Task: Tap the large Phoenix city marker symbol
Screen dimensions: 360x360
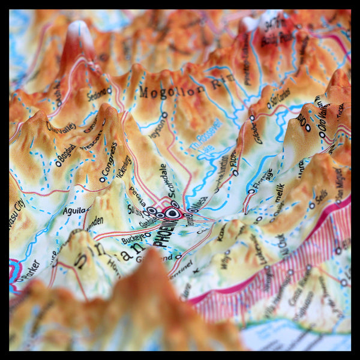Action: click(173, 212)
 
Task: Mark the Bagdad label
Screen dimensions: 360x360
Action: click(65, 155)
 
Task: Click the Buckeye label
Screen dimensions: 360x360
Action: click(133, 239)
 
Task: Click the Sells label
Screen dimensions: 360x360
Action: click(322, 196)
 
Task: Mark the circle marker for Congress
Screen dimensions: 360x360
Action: click(103, 179)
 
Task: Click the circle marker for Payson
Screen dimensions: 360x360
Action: click(164, 115)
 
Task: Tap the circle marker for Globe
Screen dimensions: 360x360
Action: click(252, 118)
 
